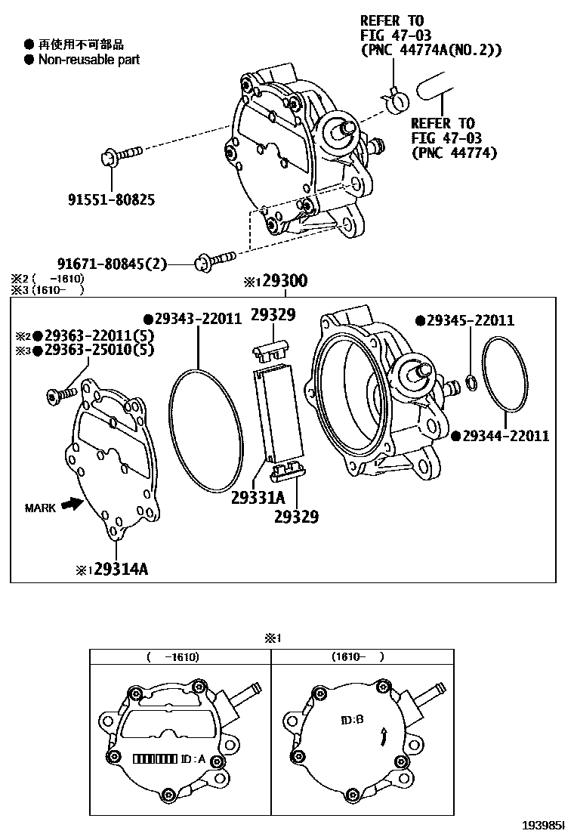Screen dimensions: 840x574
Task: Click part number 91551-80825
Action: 112,200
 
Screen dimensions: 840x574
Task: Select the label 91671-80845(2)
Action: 112,264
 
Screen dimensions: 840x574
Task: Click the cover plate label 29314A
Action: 115,570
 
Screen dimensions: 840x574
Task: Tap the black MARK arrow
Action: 72,503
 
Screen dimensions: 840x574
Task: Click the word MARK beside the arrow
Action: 39,508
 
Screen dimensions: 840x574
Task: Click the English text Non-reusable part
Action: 89,60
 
